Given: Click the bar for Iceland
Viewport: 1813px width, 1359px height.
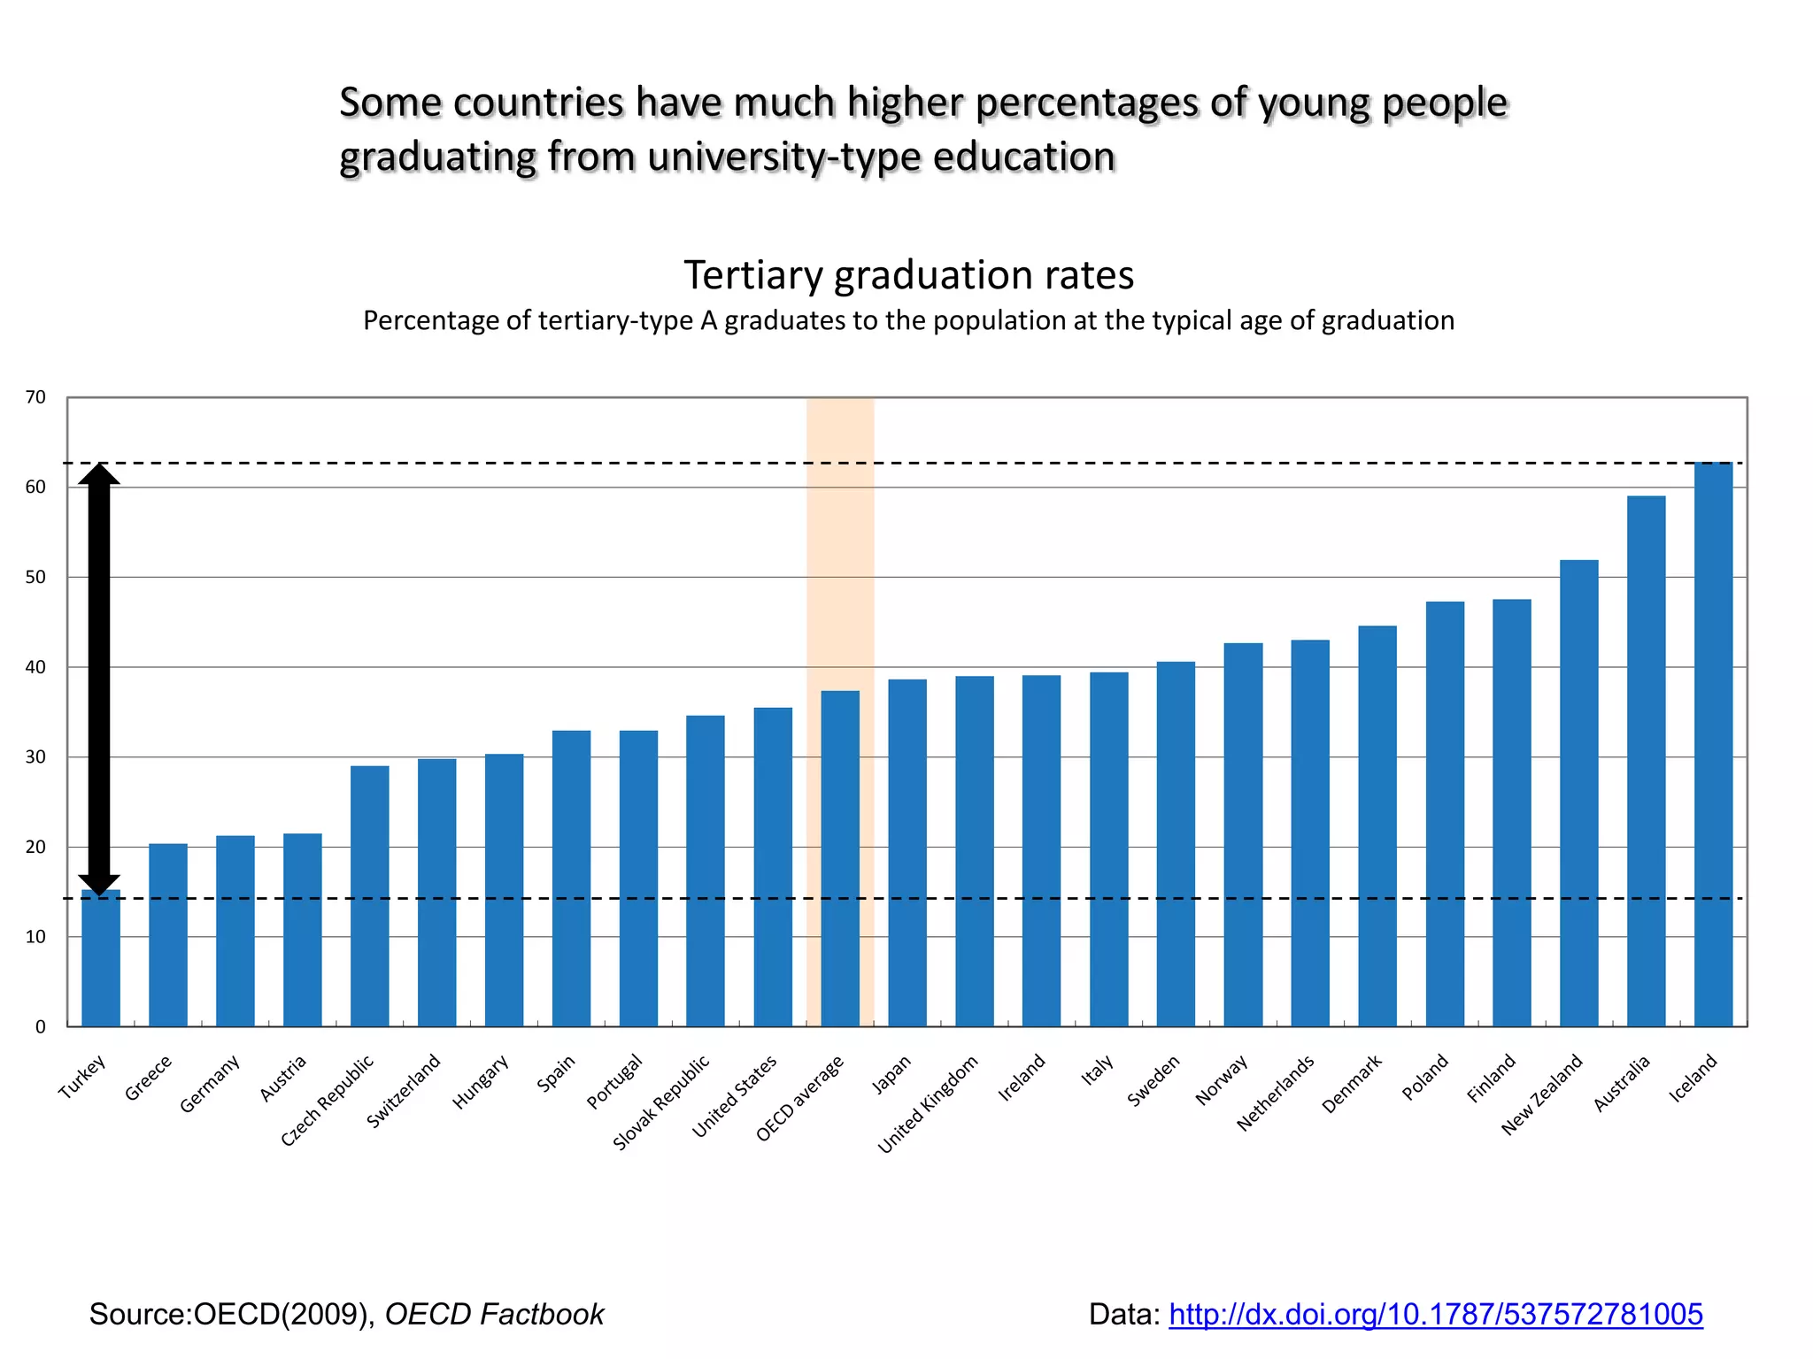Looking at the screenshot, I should coord(1713,743).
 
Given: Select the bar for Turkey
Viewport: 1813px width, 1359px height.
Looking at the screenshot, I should coord(101,960).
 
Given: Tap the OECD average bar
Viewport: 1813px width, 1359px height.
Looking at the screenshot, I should coord(840,858).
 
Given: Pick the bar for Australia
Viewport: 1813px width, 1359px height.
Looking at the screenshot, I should coord(1646,761).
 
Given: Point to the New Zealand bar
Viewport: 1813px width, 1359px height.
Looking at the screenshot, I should coord(1578,793).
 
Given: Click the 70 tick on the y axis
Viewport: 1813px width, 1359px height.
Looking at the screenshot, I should coord(35,397).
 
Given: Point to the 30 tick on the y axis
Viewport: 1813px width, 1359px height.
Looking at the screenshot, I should coord(35,757).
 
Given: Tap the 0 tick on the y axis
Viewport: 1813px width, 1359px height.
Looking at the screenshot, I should coord(40,1027).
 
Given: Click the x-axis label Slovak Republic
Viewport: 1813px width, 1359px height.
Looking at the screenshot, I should coord(662,1102).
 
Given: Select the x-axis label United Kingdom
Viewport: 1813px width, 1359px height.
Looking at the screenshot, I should coord(928,1103).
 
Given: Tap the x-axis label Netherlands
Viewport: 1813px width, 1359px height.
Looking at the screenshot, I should coord(1276,1093).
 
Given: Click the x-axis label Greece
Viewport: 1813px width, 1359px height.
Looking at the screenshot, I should coord(149,1078).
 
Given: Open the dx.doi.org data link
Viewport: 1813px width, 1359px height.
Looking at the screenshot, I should coord(1435,1315).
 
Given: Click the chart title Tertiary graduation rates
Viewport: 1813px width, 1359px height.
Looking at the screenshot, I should coord(908,275).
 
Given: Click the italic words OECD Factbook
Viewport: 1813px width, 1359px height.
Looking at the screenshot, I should coord(494,1315).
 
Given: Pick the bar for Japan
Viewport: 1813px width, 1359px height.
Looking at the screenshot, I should coord(907,853).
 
